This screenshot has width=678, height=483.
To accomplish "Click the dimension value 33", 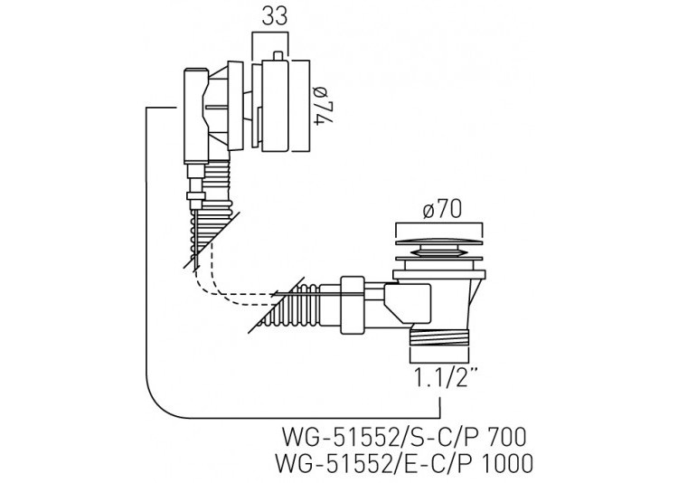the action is point(274,17).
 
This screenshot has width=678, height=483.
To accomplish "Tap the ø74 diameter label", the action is point(324,106).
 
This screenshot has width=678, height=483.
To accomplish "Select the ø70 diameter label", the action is point(442,210).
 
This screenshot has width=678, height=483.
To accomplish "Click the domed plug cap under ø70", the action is point(438,242).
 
